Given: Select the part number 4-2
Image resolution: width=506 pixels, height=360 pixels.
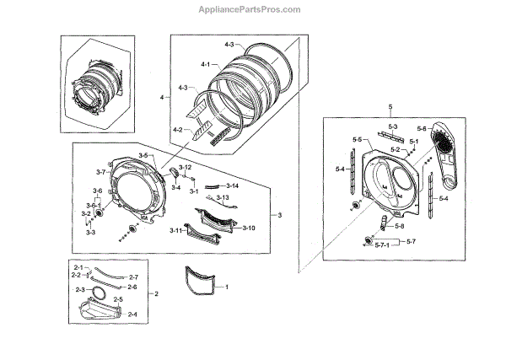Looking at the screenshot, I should (x=177, y=130).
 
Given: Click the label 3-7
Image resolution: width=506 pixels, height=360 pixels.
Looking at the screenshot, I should (x=100, y=171).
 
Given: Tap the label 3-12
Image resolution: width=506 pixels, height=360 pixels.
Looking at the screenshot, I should (x=185, y=169).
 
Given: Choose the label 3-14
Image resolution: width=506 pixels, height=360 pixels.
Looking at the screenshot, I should (x=232, y=185).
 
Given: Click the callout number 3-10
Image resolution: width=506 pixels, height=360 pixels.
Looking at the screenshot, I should (x=248, y=228).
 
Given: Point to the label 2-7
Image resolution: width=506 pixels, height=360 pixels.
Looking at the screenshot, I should (x=132, y=277).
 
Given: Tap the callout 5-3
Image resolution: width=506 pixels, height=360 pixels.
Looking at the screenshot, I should (x=393, y=123).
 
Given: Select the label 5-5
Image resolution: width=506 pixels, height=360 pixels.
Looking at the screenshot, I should (x=357, y=139).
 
